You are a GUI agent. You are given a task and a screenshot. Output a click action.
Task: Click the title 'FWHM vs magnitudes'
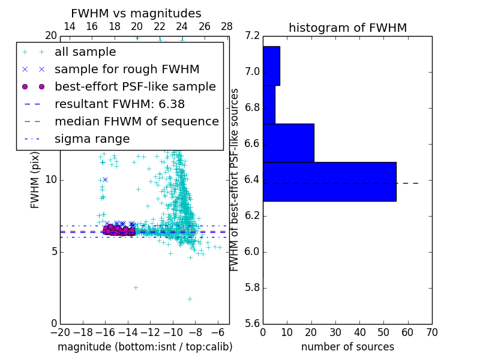tap(136, 14)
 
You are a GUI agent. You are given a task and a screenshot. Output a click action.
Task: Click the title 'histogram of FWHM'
tap(347, 28)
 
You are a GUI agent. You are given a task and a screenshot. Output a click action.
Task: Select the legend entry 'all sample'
tap(85, 52)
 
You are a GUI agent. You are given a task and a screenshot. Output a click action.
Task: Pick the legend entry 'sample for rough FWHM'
tap(127, 70)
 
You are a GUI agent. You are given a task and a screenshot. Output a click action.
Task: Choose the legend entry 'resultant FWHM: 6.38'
tap(119, 104)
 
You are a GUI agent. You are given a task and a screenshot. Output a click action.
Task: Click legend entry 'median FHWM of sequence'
tap(136, 122)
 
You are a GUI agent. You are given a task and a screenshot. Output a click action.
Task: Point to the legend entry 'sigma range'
tap(92, 139)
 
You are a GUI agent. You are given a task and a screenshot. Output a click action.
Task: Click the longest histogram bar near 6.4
tap(329, 182)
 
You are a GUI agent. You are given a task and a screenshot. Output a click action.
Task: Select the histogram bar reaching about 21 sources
tap(288, 143)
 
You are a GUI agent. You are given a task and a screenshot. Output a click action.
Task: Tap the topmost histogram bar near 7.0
tap(271, 66)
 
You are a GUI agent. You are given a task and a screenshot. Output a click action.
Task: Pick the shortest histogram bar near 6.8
tap(269, 104)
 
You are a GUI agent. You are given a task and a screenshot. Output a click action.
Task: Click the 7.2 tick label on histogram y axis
tap(253, 37)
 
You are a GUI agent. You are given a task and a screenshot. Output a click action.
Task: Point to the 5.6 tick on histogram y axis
tap(253, 323)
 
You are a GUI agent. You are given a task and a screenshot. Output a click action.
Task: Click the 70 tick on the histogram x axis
tap(432, 332)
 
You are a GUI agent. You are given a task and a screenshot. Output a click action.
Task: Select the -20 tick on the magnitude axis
tap(60, 332)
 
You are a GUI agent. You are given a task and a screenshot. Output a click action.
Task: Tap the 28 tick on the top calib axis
tap(227, 27)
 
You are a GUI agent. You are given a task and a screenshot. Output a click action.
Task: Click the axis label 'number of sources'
tap(347, 347)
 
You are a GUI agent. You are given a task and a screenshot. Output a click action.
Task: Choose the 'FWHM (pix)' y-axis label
tap(35, 179)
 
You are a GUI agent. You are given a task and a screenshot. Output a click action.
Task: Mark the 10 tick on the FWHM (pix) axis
tap(51, 180)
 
